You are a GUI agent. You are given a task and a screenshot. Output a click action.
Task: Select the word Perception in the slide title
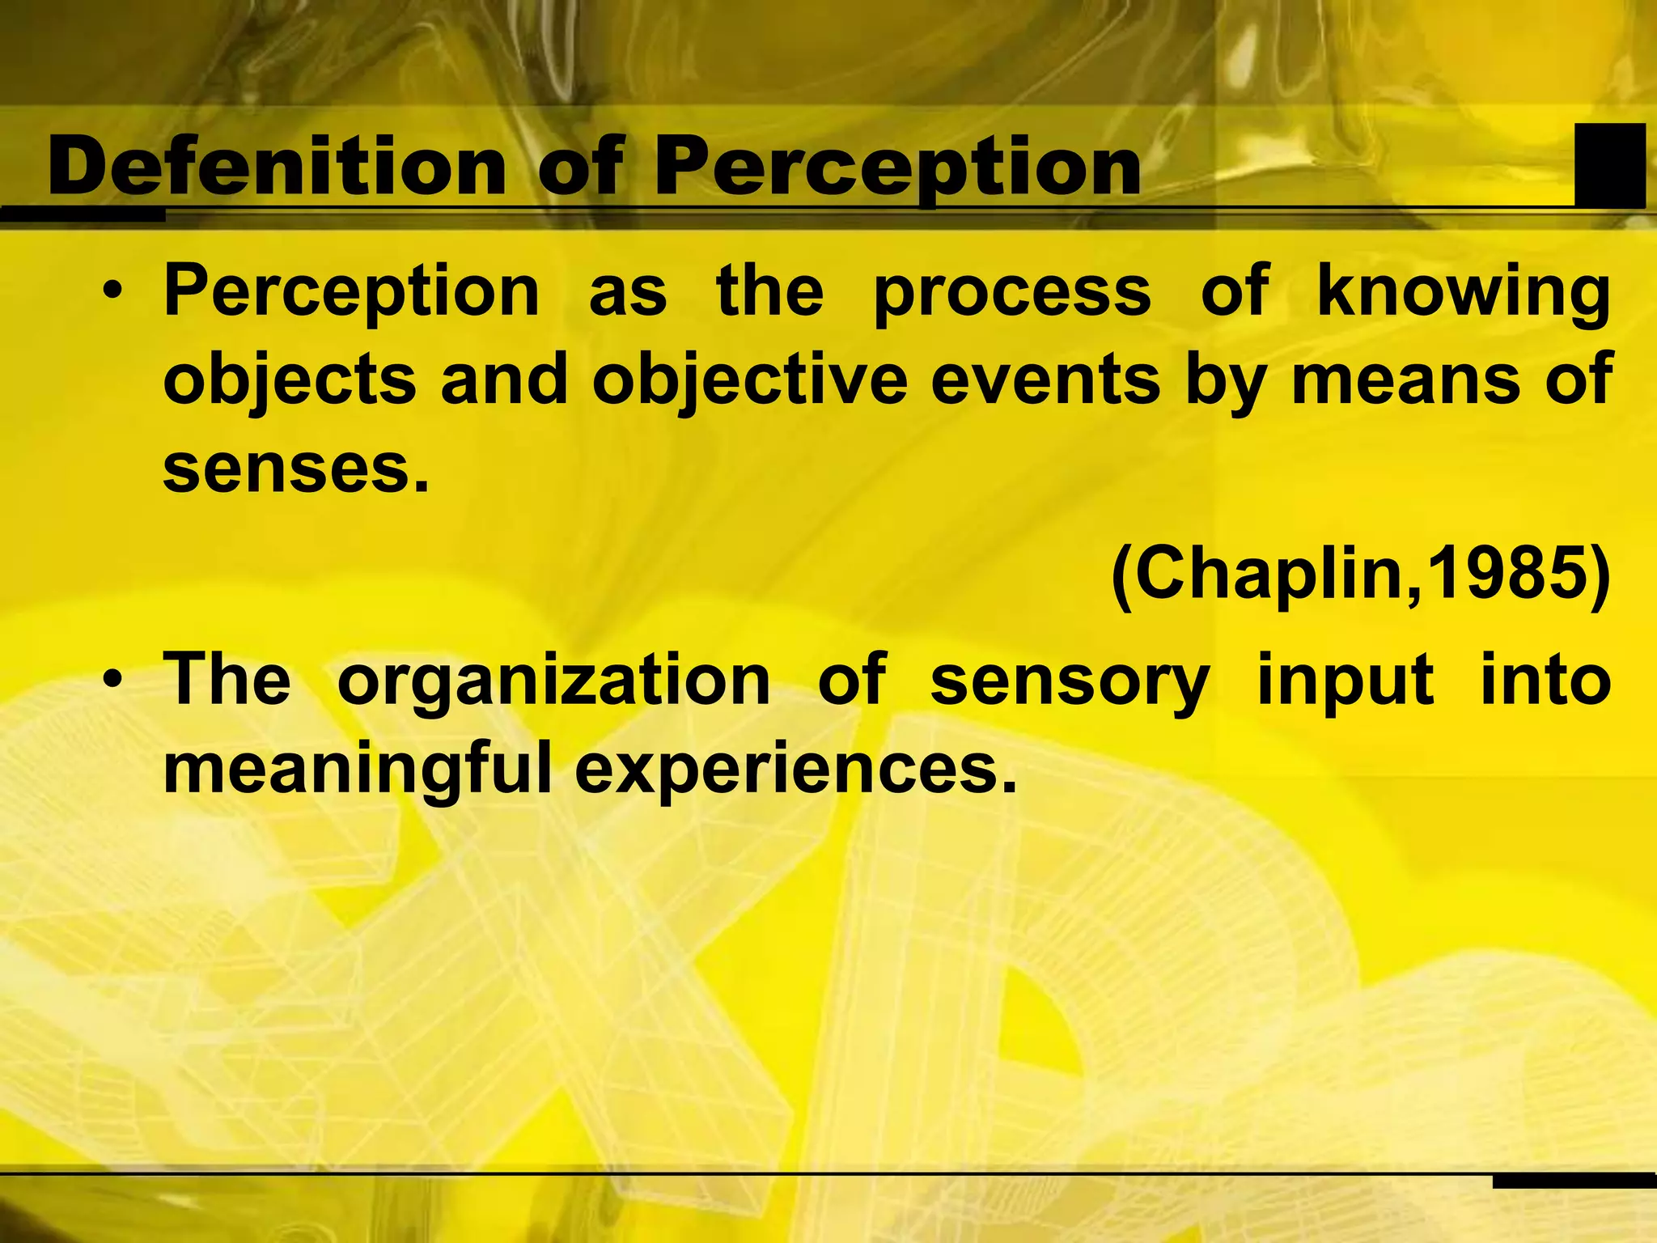pyautogui.click(x=897, y=168)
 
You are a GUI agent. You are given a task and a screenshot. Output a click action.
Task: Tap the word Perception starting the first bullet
pyautogui.click(x=352, y=293)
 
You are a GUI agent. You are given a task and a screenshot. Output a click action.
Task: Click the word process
pyautogui.click(x=1012, y=293)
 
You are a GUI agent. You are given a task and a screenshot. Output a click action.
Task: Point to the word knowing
pyautogui.click(x=1464, y=293)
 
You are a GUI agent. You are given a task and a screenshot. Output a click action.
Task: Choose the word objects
pyautogui.click(x=290, y=381)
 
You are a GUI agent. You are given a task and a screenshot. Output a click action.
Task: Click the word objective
pyautogui.click(x=750, y=381)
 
